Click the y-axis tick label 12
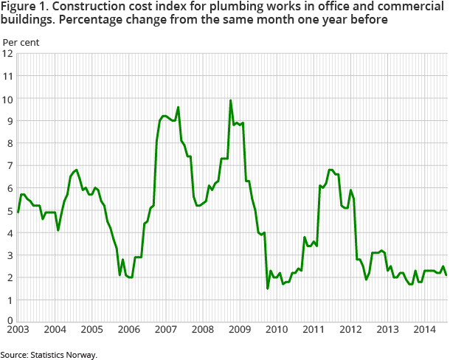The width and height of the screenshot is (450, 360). pos(8,53)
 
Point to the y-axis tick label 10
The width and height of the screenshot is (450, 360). pos(8,98)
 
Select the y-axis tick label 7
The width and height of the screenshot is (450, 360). pos(8,165)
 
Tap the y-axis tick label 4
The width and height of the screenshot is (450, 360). pos(8,233)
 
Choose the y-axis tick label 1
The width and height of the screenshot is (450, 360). pos(8,300)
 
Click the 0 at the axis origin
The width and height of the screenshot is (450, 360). pos(8,322)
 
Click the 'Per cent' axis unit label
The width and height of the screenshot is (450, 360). pos(21,41)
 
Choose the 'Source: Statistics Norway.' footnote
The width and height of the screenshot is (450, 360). pos(49,354)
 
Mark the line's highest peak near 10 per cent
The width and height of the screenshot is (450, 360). pos(231,100)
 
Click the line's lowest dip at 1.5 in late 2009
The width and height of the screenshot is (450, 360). pos(267,288)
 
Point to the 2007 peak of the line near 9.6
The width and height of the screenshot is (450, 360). pos(179,107)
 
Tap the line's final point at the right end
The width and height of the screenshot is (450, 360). pos(446,275)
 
